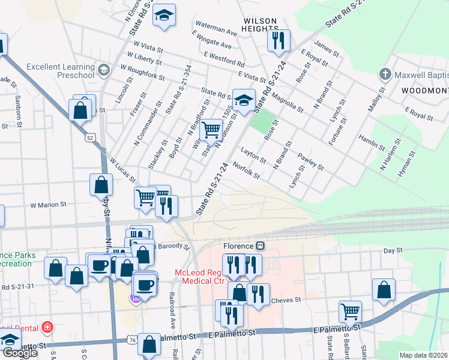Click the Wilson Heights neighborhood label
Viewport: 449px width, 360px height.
click(x=260, y=24)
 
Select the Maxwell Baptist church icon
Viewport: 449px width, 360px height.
click(x=384, y=75)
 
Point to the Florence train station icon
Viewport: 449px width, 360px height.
click(x=261, y=245)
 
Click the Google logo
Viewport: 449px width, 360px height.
click(x=20, y=353)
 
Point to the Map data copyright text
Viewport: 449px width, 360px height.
click(x=424, y=355)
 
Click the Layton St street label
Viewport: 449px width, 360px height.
click(x=253, y=156)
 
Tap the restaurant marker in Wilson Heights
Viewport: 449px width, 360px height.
click(x=279, y=41)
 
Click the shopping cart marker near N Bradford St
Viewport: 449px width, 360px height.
click(x=211, y=129)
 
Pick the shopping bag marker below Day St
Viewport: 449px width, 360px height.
click(x=384, y=289)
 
